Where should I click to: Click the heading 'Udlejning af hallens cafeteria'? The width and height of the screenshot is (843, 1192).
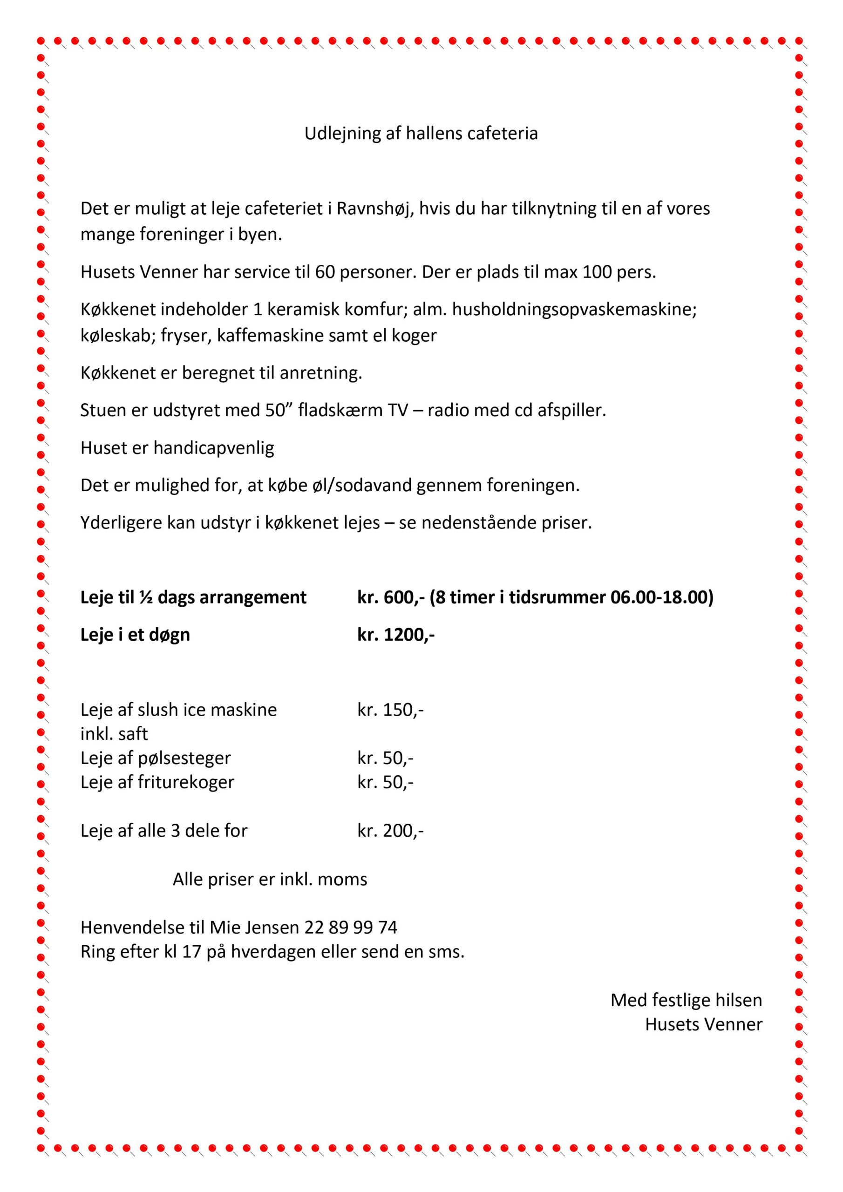[x=421, y=134]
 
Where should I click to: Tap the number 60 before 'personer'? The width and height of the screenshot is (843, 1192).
[x=325, y=272]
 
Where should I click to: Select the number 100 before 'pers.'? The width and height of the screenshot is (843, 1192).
[x=597, y=272]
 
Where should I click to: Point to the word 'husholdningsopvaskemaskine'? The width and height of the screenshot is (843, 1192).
[x=574, y=310]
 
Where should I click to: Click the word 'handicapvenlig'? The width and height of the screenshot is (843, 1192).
[x=213, y=448]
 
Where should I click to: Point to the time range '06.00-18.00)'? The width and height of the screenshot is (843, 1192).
[x=662, y=597]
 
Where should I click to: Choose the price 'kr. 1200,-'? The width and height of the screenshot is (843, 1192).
[x=396, y=635]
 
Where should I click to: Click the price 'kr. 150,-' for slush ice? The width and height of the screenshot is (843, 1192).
[x=390, y=710]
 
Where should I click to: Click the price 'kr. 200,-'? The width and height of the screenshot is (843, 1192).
[x=390, y=831]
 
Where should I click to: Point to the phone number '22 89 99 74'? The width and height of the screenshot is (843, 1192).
[x=351, y=927]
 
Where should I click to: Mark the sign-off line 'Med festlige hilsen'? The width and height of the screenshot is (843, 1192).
[x=686, y=1000]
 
